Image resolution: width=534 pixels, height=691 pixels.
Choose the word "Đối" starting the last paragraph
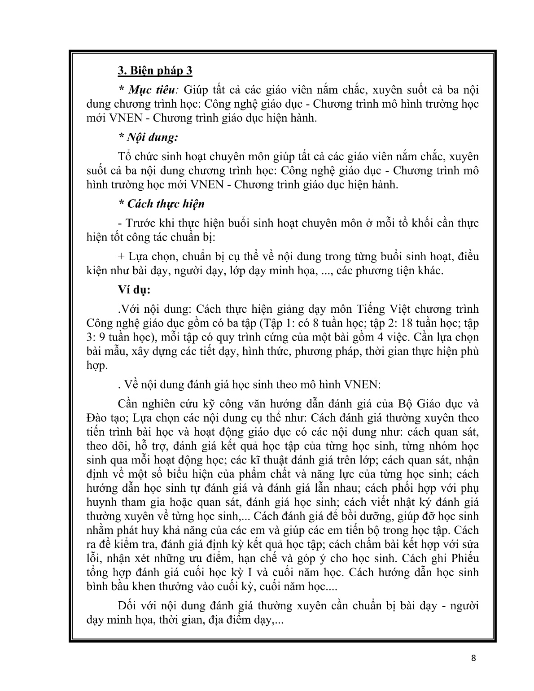click(127, 606)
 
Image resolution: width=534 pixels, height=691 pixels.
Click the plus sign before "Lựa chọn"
click(120, 257)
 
